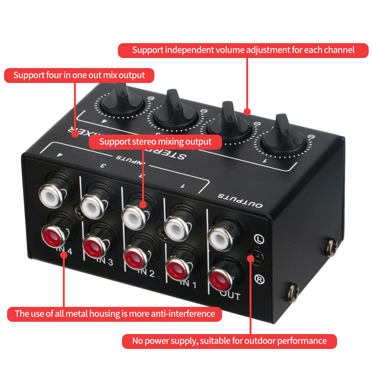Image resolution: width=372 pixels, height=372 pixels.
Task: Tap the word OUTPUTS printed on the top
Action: tap(240, 201)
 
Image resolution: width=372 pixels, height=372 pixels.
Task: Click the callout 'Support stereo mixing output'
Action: tap(155, 142)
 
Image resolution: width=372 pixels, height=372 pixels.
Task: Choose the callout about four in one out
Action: tap(79, 75)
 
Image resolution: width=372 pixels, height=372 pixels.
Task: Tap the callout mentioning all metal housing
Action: tap(115, 314)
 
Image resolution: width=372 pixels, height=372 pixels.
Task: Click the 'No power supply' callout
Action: tap(229, 341)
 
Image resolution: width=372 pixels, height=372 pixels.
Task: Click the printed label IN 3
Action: tap(105, 261)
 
